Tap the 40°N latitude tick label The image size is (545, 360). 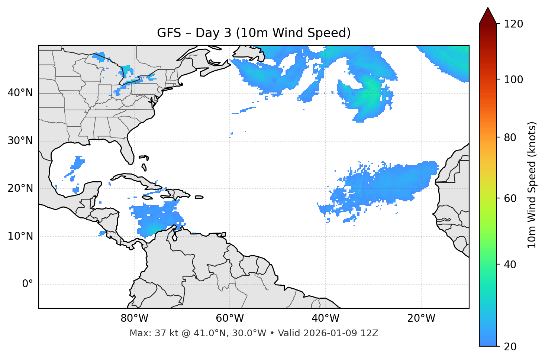coord(20,93)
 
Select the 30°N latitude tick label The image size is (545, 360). coord(20,141)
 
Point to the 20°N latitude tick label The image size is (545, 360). coord(20,188)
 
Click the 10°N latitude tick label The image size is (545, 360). coord(20,236)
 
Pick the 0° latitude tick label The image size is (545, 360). coord(28,284)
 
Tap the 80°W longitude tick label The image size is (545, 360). coord(134,318)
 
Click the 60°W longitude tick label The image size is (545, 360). coord(230,318)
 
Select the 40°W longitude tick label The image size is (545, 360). coord(325,318)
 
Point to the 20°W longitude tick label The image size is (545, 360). coord(421,318)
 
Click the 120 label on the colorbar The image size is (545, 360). coord(513,24)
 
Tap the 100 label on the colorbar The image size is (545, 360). coord(513,80)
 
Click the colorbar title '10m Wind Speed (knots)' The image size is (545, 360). coord(532,185)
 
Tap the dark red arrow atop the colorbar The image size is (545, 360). coord(488,16)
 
